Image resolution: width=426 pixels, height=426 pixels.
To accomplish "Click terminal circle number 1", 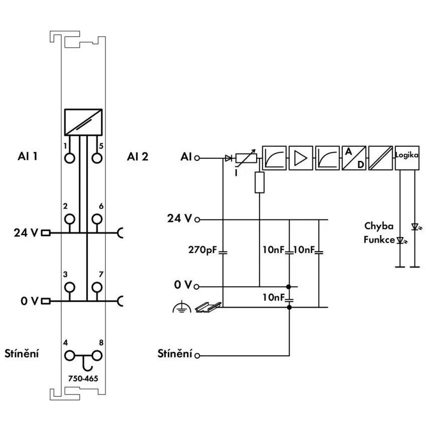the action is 70,158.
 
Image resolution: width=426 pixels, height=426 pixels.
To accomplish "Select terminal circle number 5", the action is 97,158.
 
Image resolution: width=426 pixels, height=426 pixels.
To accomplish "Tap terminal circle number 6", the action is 97,219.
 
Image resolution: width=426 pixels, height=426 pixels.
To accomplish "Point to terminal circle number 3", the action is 70,287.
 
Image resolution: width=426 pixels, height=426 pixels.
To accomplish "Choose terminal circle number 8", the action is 97,355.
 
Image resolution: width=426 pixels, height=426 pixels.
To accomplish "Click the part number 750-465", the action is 83,378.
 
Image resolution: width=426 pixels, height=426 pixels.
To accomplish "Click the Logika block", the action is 407,158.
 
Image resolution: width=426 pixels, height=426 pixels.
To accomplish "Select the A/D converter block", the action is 354,158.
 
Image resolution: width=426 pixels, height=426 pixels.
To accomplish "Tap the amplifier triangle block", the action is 301,158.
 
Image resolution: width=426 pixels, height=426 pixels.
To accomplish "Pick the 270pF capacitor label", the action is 202,250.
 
